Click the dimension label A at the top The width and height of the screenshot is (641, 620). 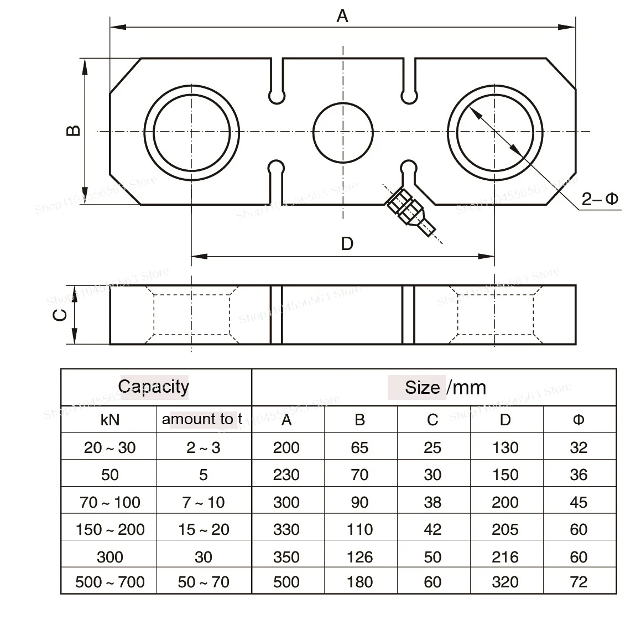(x=342, y=16)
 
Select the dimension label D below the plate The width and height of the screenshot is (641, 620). (x=347, y=243)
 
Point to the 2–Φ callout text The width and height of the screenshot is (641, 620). (x=600, y=199)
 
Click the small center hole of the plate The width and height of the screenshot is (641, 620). (x=343, y=132)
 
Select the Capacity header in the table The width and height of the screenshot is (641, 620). (x=154, y=387)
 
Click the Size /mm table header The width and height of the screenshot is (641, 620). (x=445, y=387)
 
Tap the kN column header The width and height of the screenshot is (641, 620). (x=110, y=420)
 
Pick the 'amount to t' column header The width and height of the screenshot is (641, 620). (x=202, y=419)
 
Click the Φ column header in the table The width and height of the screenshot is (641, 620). (x=579, y=420)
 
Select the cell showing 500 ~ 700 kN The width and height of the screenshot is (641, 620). (x=110, y=582)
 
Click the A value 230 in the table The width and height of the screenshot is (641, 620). (x=286, y=475)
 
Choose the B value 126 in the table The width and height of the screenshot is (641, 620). (x=359, y=557)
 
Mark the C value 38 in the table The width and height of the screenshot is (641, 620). (x=432, y=502)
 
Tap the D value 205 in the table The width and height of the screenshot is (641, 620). (x=505, y=529)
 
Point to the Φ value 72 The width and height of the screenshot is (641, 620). (x=579, y=582)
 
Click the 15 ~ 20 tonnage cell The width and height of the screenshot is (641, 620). (x=204, y=529)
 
